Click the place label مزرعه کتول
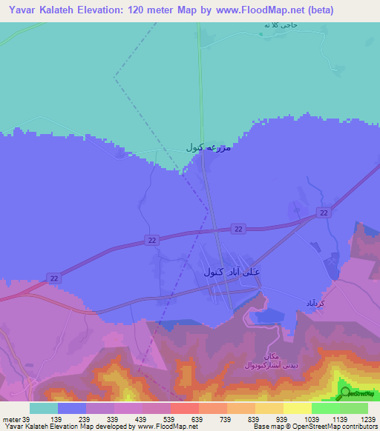click(209, 147)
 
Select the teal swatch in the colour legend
click(44, 408)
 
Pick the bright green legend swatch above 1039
click(326, 408)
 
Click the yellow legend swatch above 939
click(298, 408)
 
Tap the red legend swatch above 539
click(185, 408)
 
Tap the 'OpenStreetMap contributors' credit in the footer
click(337, 427)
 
